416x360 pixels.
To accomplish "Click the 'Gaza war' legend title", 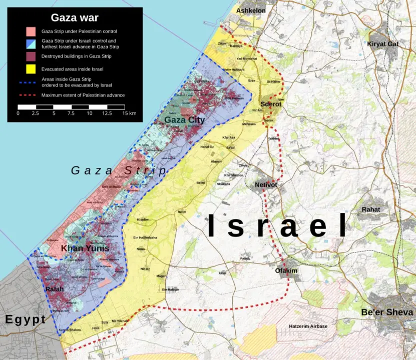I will pos(75,18).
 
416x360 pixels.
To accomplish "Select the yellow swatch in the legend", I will pos(31,68).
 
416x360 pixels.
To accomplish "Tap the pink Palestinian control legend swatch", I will pos(31,31).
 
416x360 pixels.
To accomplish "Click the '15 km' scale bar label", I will pos(129,113).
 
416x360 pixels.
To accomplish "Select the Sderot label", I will pos(270,104).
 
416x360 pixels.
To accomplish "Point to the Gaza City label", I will pos(184,120).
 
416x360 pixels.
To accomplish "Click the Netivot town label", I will pos(266,185).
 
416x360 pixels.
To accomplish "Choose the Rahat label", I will pos(371,209).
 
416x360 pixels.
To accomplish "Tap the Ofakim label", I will pos(286,271).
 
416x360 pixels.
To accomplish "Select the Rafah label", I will pos(55,289).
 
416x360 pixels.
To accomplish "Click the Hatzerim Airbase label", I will pos(308,326).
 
